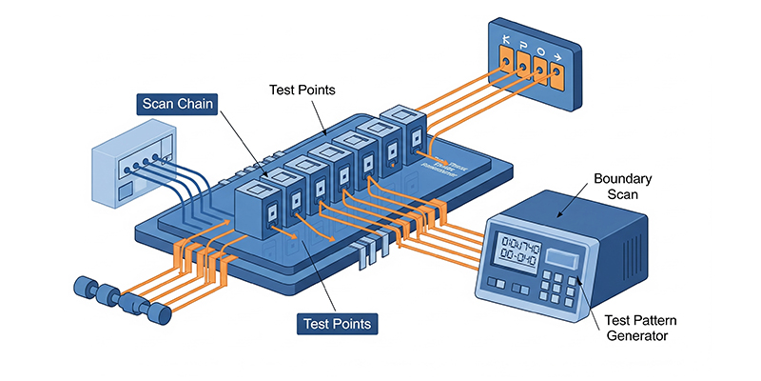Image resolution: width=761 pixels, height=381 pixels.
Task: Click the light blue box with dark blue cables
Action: click(x=134, y=170)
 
